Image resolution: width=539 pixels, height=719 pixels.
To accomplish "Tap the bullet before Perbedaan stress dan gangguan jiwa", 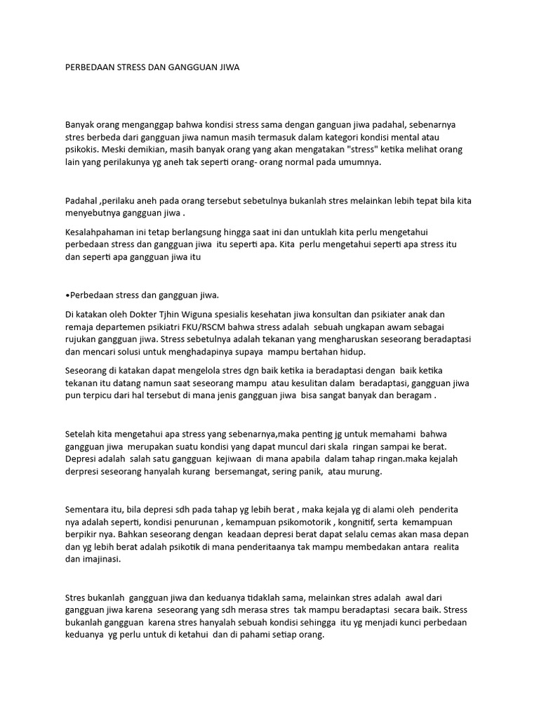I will (67, 295).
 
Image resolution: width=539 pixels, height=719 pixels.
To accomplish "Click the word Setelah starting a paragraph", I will (82, 433).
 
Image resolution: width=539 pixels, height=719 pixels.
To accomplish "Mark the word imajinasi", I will (102, 560).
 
